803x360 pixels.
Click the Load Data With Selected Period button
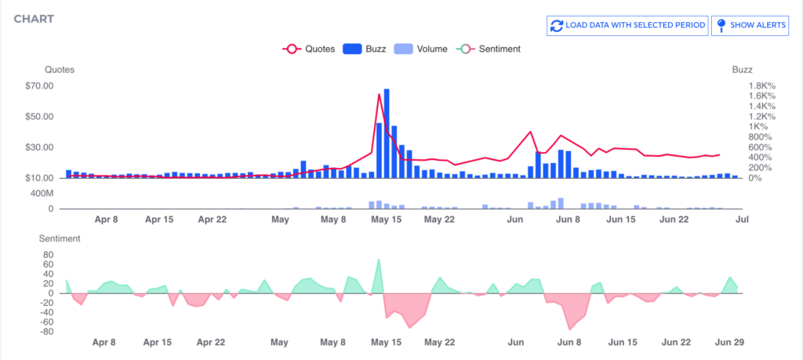point(627,25)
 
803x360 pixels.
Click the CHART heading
point(34,18)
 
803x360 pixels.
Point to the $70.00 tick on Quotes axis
point(39,86)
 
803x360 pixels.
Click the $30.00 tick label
point(39,147)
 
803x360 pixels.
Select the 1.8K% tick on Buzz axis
point(762,85)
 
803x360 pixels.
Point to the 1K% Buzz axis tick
point(759,127)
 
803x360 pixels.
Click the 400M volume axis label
point(41,193)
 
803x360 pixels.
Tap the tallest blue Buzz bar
point(387,133)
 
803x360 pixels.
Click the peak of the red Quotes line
point(380,95)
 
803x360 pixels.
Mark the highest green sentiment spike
point(379,260)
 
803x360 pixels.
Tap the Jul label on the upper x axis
point(741,220)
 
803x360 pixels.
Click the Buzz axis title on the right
point(742,70)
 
